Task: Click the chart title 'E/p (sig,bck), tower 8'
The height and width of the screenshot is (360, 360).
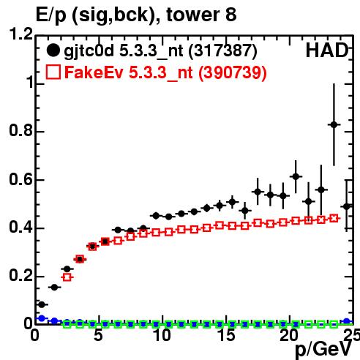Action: [x=136, y=15]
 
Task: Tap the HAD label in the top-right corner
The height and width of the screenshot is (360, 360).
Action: [x=327, y=50]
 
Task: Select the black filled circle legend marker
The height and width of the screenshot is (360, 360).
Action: [x=53, y=50]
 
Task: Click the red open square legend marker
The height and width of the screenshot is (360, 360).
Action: [x=53, y=72]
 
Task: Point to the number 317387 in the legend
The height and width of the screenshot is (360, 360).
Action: [x=223, y=50]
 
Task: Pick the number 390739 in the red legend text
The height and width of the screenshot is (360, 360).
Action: [x=233, y=72]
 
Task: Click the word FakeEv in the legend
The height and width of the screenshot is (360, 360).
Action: [x=94, y=72]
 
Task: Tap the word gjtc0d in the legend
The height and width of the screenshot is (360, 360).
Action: [x=89, y=51]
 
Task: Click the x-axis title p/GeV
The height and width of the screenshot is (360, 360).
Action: [x=323, y=349]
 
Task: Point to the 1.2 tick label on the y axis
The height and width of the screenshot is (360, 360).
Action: [x=21, y=34]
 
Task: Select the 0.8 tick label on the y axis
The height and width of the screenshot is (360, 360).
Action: [x=21, y=130]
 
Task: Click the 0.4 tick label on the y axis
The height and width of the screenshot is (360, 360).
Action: [x=21, y=227]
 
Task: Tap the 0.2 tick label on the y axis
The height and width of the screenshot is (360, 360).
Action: [x=21, y=275]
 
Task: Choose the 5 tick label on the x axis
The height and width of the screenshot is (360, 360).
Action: [x=98, y=335]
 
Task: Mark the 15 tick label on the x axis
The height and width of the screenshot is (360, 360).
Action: [x=227, y=335]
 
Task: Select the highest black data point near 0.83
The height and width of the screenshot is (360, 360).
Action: [x=334, y=124]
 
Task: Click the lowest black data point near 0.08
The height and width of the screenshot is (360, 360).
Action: [x=42, y=304]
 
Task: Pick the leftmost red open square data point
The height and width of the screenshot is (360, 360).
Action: [x=67, y=277]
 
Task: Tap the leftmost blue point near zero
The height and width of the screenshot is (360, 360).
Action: [x=42, y=318]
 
